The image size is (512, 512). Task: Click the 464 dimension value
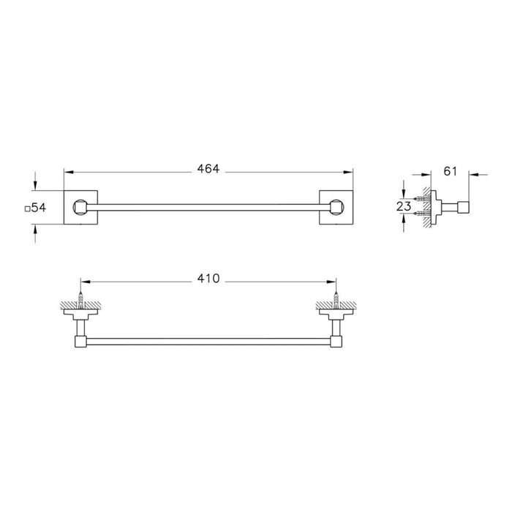point(208,169)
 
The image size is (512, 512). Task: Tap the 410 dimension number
point(208,279)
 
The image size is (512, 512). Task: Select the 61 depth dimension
point(451,171)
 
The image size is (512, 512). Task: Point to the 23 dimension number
point(404,206)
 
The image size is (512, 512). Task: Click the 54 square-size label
point(39,208)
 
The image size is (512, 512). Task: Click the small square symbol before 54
point(28,208)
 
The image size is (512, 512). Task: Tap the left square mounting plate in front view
point(80,207)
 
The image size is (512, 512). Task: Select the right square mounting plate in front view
point(336,207)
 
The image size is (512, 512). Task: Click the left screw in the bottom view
point(80,301)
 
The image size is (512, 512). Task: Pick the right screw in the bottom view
point(336,301)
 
